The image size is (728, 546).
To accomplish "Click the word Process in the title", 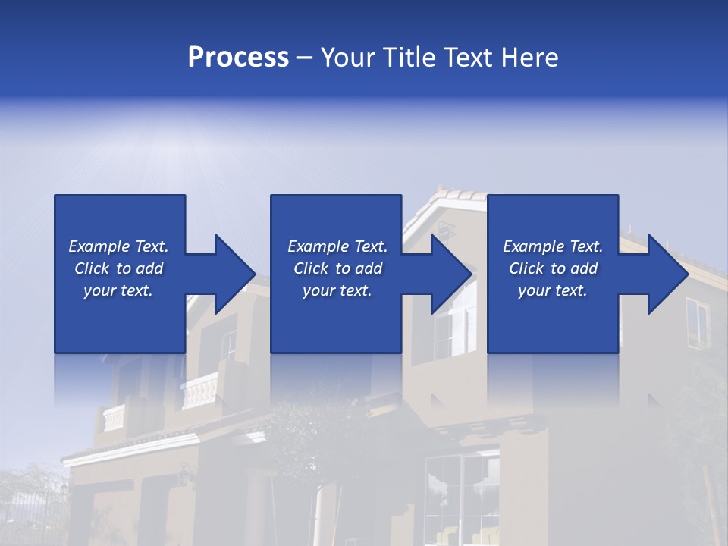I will click(x=238, y=57).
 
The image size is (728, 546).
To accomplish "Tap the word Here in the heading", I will click(x=529, y=57).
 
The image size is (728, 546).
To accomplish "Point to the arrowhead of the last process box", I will click(x=667, y=274).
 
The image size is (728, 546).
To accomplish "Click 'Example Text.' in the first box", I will click(x=118, y=246).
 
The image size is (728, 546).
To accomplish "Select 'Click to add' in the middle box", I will click(x=337, y=268).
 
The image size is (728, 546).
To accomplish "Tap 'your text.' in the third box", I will click(x=553, y=290).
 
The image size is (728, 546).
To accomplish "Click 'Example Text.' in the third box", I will click(x=553, y=246).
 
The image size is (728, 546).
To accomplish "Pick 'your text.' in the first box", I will click(x=118, y=290).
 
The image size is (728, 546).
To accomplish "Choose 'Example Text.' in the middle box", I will click(x=337, y=246).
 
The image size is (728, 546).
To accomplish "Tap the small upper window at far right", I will click(x=696, y=322).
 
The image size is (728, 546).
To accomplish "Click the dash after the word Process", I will click(x=304, y=58).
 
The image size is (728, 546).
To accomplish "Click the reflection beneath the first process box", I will click(x=119, y=379).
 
